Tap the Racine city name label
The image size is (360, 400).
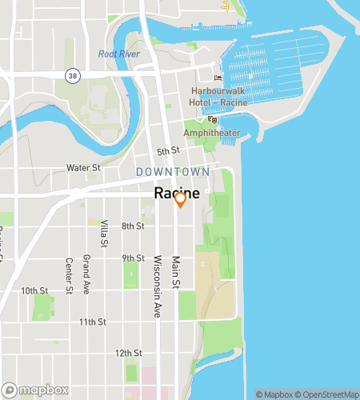pyautogui.click(x=176, y=194)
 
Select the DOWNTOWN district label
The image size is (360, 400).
pyautogui.click(x=173, y=172)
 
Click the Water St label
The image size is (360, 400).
pyautogui.click(x=82, y=168)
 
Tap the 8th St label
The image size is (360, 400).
pyautogui.click(x=132, y=226)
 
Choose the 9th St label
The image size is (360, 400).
pyautogui.click(x=132, y=258)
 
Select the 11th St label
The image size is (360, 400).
pyautogui.click(x=92, y=322)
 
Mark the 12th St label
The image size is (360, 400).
pyautogui.click(x=128, y=353)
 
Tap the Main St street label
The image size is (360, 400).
pyautogui.click(x=176, y=273)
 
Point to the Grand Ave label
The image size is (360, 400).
pyautogui.click(x=86, y=274)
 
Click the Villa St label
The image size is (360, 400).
pyautogui.click(x=104, y=234)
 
